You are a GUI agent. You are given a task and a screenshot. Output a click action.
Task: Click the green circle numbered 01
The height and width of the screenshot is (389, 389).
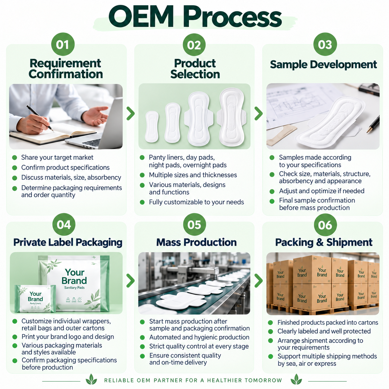tap(63, 44)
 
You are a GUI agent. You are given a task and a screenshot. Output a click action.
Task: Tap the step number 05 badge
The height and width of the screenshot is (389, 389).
tap(194, 225)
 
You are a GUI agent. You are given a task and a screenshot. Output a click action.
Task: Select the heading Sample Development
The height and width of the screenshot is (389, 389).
tap(323, 65)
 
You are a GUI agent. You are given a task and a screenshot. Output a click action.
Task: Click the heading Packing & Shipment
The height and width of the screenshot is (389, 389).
tap(324, 242)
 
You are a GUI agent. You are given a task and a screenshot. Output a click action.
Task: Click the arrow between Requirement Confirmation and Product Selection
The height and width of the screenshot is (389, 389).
tap(131, 114)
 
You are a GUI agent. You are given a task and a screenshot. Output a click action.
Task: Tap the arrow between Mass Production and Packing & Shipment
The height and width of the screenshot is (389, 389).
tap(259, 281)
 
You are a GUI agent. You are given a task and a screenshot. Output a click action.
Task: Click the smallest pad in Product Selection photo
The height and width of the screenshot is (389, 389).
tap(152, 127)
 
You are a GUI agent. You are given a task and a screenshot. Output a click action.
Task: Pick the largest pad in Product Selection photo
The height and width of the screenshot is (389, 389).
tap(231, 117)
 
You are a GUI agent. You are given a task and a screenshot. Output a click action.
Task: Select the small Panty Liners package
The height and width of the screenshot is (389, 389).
tap(36, 298)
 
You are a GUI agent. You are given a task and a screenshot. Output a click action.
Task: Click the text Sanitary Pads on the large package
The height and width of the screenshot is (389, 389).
tap(74, 288)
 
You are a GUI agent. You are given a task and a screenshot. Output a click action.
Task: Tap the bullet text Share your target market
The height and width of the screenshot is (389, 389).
tap(57, 158)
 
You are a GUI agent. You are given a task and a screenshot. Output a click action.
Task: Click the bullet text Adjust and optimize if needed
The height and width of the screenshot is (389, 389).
tap(322, 191)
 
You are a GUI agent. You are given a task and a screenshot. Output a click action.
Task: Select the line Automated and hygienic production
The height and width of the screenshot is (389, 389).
tap(199, 337)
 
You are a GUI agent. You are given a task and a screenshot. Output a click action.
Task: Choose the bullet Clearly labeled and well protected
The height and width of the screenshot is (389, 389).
tap(324, 331)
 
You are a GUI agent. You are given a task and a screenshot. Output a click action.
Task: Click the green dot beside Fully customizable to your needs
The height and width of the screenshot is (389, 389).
tap(142, 202)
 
